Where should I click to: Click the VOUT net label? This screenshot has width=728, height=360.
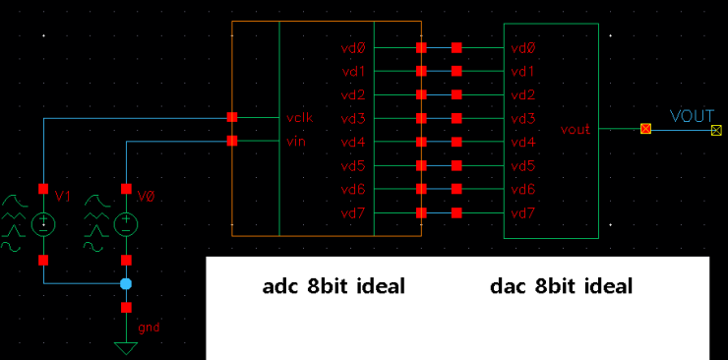tap(691, 116)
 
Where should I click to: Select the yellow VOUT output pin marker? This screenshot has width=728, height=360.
tap(716, 129)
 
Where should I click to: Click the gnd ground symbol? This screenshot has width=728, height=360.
tap(125, 345)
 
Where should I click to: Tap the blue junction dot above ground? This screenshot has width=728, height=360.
tap(125, 284)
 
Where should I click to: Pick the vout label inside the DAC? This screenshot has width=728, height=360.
tap(576, 129)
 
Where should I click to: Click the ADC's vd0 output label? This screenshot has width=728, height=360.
tap(353, 47)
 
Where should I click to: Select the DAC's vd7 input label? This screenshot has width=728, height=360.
tap(523, 212)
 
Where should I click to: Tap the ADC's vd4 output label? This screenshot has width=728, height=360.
tap(353, 142)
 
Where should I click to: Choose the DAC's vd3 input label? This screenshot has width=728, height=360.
tap(523, 118)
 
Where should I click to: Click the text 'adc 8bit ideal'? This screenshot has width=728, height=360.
tap(334, 287)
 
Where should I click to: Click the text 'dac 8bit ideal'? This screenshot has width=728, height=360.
tap(561, 287)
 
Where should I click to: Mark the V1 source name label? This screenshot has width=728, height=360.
tap(63, 196)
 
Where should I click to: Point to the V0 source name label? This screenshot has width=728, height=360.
tap(146, 196)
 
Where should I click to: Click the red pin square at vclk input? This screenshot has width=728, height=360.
tap(232, 117)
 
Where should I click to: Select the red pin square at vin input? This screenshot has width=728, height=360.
tap(232, 141)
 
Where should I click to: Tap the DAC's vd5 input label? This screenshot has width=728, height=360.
tap(523, 165)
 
